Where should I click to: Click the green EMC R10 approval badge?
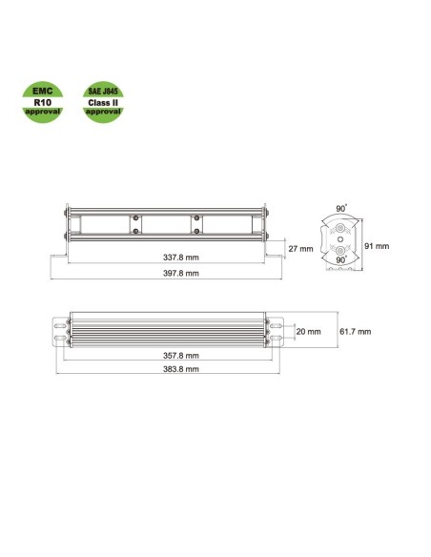[x=42, y=99]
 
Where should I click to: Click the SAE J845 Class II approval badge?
[x=103, y=99]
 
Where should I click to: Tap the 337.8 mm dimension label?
[x=180, y=258]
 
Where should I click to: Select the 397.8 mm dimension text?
[x=180, y=273]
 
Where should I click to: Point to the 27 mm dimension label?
[x=299, y=248]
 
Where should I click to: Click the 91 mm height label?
[x=377, y=245]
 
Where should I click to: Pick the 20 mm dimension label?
[x=308, y=331]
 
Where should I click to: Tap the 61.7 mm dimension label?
[x=355, y=331]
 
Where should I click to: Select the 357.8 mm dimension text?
[x=180, y=355]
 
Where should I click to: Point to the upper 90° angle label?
[x=339, y=208]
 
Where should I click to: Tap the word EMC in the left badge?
[x=42, y=88]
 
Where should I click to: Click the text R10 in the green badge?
[x=42, y=99]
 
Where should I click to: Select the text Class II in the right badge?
[x=103, y=101]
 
